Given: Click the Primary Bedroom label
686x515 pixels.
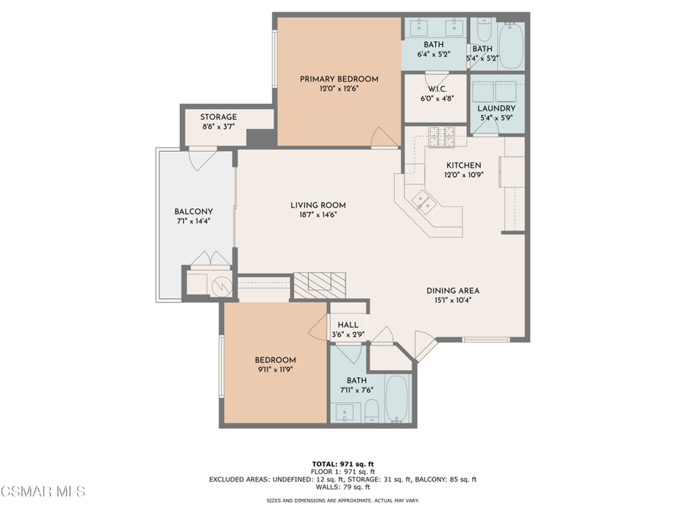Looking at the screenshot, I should pyautogui.click(x=338, y=79).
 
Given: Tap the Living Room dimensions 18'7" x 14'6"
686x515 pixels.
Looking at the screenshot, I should pyautogui.click(x=318, y=215).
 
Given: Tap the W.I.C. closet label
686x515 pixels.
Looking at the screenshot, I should pyautogui.click(x=436, y=89).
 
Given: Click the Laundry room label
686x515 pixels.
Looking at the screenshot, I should pyautogui.click(x=496, y=108).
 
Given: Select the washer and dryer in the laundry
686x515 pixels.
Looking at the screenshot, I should pyautogui.click(x=496, y=89).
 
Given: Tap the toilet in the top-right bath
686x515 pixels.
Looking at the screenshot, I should pyautogui.click(x=483, y=31).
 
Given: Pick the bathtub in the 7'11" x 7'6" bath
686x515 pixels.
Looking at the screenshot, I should pyautogui.click(x=397, y=398).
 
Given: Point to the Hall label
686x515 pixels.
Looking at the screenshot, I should pyautogui.click(x=348, y=325).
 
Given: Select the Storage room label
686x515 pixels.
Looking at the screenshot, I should pyautogui.click(x=219, y=117).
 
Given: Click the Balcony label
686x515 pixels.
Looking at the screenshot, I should pyautogui.click(x=194, y=211).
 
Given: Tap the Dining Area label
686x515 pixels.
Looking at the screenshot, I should pyautogui.click(x=453, y=290).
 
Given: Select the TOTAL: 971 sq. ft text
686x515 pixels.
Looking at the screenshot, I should pyautogui.click(x=343, y=464).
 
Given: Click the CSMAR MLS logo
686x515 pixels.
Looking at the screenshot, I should pyautogui.click(x=43, y=490).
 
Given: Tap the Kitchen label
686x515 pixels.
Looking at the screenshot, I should pyautogui.click(x=463, y=165).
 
